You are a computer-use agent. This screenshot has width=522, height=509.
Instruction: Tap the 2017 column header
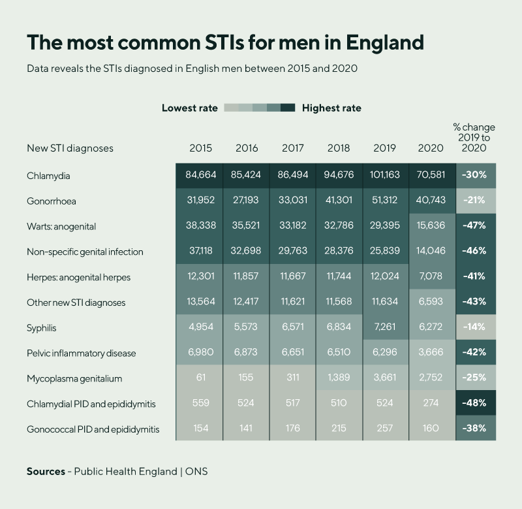(293, 148)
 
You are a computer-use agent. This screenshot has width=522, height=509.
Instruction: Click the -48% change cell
(474, 403)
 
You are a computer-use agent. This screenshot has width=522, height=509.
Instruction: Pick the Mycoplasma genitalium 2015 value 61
(201, 378)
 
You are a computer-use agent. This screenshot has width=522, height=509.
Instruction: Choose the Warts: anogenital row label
(61, 226)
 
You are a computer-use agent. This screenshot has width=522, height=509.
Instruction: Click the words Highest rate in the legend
(331, 108)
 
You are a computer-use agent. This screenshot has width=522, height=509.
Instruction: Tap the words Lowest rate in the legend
(190, 108)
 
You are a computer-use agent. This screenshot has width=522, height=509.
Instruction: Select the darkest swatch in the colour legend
(288, 108)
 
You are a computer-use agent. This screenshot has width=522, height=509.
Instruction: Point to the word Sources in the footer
(46, 471)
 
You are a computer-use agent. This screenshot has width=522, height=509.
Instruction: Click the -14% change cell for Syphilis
(474, 327)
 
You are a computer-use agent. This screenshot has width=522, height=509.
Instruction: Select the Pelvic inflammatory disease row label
(81, 353)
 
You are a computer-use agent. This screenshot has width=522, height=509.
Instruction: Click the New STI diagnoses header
(70, 148)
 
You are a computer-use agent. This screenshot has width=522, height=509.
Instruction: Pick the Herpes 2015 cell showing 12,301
(201, 277)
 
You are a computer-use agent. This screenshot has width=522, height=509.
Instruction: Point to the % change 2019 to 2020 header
(474, 137)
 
